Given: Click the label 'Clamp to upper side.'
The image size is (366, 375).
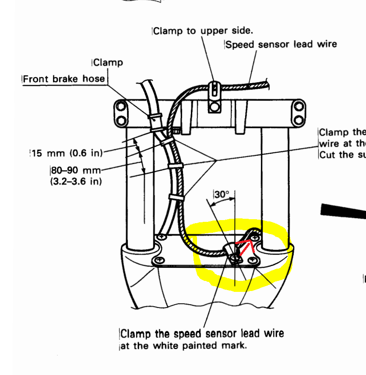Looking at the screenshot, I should click(x=203, y=31).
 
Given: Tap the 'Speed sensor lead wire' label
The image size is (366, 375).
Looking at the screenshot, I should click(x=281, y=44).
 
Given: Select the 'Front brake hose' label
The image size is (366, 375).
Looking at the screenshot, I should click(x=64, y=79).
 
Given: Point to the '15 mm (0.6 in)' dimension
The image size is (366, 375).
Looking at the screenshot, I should click(x=67, y=153).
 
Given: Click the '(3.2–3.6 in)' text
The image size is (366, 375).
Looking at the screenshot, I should click(x=76, y=181).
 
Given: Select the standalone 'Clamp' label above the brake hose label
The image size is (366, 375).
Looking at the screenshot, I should click(x=108, y=63).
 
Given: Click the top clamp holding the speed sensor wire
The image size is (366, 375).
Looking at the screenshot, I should click(x=214, y=89).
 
